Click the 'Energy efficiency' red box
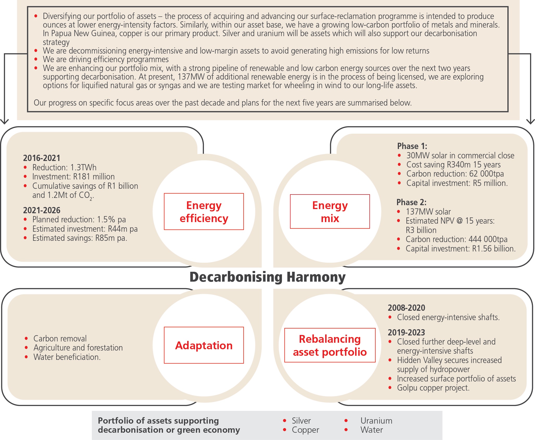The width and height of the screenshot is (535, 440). pos(204,212)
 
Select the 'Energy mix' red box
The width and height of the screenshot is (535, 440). pos(330,212)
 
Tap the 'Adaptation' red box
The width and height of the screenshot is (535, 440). pos(204,345)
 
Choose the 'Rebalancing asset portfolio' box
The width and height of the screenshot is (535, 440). pos(330,345)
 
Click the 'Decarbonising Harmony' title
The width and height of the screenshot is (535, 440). pos(267,277)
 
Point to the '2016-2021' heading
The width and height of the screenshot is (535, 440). pos(42,158)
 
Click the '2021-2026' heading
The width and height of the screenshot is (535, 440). pos(42,210)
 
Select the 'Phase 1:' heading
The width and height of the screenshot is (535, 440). pos(412,146)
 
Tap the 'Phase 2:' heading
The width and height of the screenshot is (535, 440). pos(411,202)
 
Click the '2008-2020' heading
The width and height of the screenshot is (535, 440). pos(406,308)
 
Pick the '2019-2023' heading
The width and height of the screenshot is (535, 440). pos(406,333)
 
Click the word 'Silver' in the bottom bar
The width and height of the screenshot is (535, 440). pos(301,421)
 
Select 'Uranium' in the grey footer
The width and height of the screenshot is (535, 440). pos(376,421)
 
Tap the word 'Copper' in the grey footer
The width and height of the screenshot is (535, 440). pos(305,430)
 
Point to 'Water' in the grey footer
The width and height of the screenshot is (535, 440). pos(372,430)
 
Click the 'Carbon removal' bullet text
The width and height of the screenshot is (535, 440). pos(60,339)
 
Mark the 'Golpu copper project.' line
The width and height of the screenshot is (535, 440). pos(433,388)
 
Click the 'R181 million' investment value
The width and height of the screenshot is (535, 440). pos(94,177)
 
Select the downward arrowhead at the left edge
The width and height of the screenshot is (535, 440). pos(4,121)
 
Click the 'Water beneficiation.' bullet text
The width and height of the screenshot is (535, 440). pos(67,357)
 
